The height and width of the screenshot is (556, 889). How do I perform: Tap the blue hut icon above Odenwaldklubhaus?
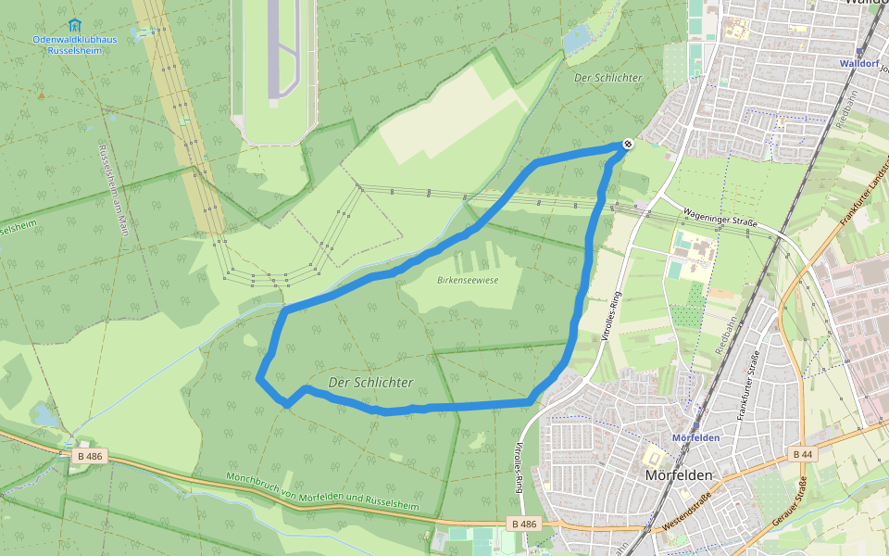tap(74, 24)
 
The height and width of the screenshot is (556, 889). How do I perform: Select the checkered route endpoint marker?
tap(628, 144)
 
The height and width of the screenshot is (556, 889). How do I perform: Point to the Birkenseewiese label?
tap(468, 279)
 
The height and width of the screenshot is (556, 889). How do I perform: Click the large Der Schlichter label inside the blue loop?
tap(370, 382)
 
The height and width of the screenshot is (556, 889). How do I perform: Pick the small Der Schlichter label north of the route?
tap(607, 78)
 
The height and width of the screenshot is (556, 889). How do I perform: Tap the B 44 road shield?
tap(802, 454)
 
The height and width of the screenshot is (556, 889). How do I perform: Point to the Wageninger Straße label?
tap(720, 219)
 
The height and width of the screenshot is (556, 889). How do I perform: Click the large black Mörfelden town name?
tap(680, 474)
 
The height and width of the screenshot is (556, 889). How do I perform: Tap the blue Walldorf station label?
tap(857, 64)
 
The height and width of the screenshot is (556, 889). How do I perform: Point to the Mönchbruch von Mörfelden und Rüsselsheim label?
tap(322, 493)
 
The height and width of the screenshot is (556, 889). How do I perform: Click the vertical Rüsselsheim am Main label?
tap(112, 191)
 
